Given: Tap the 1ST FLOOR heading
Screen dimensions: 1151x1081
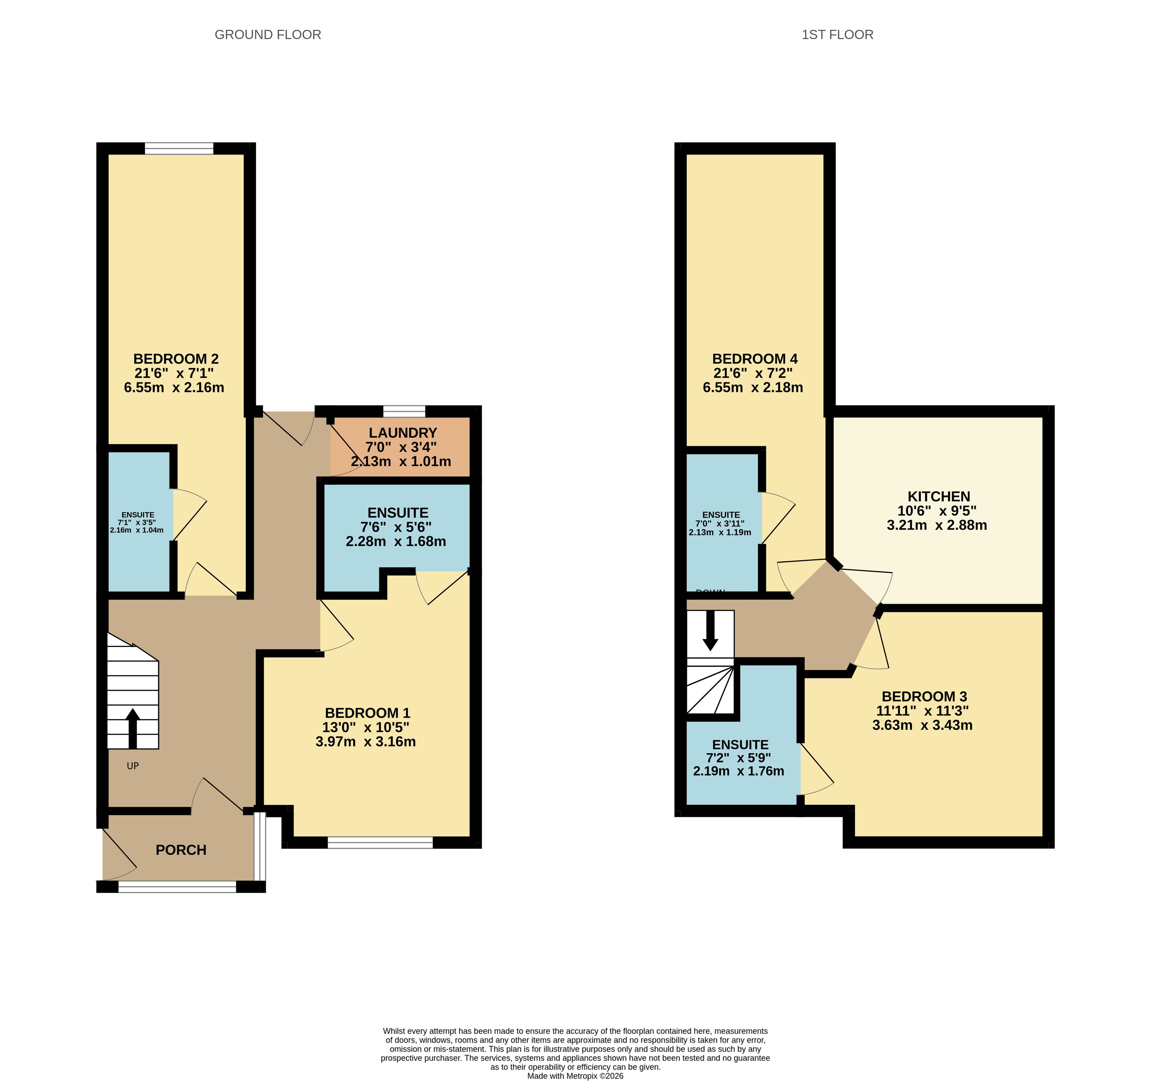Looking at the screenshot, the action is pyautogui.click(x=837, y=35).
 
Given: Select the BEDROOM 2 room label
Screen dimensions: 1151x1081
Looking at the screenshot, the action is pyautogui.click(x=176, y=359).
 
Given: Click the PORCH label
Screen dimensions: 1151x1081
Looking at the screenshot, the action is pyautogui.click(x=181, y=850).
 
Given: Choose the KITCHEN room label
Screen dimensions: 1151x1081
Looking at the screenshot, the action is pyautogui.click(x=939, y=496).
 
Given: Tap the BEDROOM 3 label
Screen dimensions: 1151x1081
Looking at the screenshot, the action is pyautogui.click(x=924, y=696).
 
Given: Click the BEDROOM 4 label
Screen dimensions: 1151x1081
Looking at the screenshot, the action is pyautogui.click(x=755, y=359).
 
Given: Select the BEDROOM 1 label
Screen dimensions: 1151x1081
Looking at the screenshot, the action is pyautogui.click(x=368, y=713).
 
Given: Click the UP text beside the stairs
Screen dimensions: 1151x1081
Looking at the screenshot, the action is pyautogui.click(x=133, y=766).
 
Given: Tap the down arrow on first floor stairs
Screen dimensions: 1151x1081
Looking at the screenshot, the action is pyautogui.click(x=711, y=630).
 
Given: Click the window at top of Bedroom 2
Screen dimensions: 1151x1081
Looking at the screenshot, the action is pyautogui.click(x=179, y=149).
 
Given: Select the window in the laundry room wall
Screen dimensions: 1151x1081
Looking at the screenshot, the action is pyautogui.click(x=404, y=412).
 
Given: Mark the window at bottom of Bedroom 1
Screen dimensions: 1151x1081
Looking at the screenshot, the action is pyautogui.click(x=380, y=842).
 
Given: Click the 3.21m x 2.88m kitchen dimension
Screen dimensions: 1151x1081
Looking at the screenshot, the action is pyautogui.click(x=937, y=525).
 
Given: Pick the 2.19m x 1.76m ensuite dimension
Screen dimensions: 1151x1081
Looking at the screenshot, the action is pyautogui.click(x=739, y=771).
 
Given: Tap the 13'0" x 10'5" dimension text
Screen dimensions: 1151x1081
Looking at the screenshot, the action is pyautogui.click(x=366, y=727).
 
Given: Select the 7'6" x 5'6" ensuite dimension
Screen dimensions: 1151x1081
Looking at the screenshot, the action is pyautogui.click(x=396, y=527).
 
